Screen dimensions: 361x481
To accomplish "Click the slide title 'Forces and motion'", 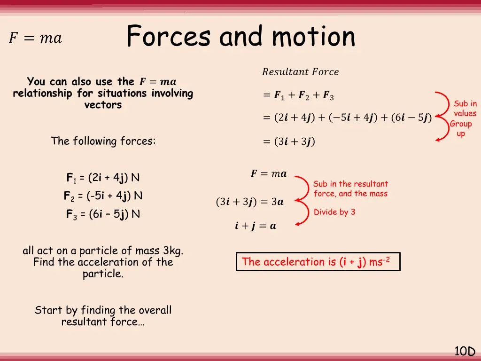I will [x=240, y=37].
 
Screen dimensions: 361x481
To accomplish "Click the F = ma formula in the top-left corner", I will [x=35, y=38].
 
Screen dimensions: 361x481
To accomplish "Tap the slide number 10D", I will [x=465, y=351].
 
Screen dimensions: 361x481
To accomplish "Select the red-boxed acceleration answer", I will [x=318, y=262].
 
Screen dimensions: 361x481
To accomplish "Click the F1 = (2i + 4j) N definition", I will [x=103, y=178].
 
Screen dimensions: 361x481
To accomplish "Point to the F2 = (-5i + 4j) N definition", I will [x=103, y=196].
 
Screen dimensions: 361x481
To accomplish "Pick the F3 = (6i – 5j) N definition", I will [x=103, y=214].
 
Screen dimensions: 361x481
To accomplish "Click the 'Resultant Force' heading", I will [x=300, y=72].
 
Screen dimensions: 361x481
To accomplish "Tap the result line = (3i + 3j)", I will [x=289, y=141].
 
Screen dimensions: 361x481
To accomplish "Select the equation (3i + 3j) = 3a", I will [x=249, y=202].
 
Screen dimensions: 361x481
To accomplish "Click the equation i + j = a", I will [x=256, y=226].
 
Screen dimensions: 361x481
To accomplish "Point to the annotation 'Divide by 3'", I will [x=334, y=212].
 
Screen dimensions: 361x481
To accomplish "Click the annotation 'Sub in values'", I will [x=465, y=109].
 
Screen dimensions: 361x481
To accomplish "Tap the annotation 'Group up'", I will [x=461, y=129].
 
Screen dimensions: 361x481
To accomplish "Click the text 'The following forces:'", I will [x=103, y=141].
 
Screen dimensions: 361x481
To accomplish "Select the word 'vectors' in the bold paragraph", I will [x=103, y=105].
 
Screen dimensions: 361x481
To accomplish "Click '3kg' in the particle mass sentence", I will [x=170, y=251].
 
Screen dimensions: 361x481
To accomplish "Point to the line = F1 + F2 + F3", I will [x=298, y=96].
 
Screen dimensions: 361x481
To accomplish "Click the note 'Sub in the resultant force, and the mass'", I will [x=350, y=188].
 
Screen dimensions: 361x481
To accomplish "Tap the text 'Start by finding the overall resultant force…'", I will [x=103, y=316].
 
